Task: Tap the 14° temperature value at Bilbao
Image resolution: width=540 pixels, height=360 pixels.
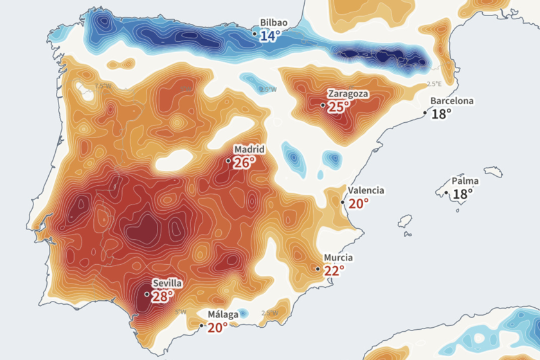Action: click(x=270, y=36)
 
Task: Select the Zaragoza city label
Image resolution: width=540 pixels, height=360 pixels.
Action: click(x=348, y=94)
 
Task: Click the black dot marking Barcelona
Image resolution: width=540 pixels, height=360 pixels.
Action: click(x=425, y=113)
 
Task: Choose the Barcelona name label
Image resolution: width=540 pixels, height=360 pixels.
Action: click(x=452, y=101)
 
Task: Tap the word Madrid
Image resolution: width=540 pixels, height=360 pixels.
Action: click(x=249, y=149)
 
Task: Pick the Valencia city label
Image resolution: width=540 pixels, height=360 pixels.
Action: click(x=366, y=190)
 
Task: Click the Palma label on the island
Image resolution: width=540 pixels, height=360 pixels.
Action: click(x=465, y=181)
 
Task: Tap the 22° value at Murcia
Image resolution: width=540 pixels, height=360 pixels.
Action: click(x=334, y=271)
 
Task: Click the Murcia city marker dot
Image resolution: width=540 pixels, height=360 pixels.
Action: click(x=318, y=269)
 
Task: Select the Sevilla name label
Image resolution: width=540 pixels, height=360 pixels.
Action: click(x=167, y=283)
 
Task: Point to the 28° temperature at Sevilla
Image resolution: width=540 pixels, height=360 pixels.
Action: click(x=163, y=296)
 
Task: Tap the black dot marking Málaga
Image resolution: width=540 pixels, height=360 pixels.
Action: click(x=202, y=325)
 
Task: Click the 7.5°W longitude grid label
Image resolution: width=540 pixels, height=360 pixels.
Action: click(x=102, y=85)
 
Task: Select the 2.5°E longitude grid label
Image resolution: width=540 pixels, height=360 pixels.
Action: click(x=435, y=84)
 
